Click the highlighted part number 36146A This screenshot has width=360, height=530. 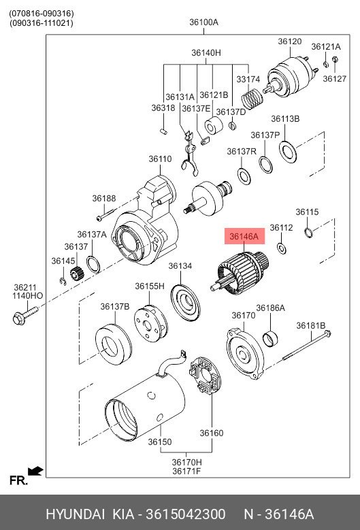(244, 237)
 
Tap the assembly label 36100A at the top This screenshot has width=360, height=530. (204, 22)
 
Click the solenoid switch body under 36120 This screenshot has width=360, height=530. (291, 78)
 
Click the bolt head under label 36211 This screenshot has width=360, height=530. (19, 318)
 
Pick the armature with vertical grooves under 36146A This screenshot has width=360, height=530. (240, 274)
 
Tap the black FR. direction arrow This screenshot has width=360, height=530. (35, 471)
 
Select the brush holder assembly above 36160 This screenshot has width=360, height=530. (205, 375)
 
